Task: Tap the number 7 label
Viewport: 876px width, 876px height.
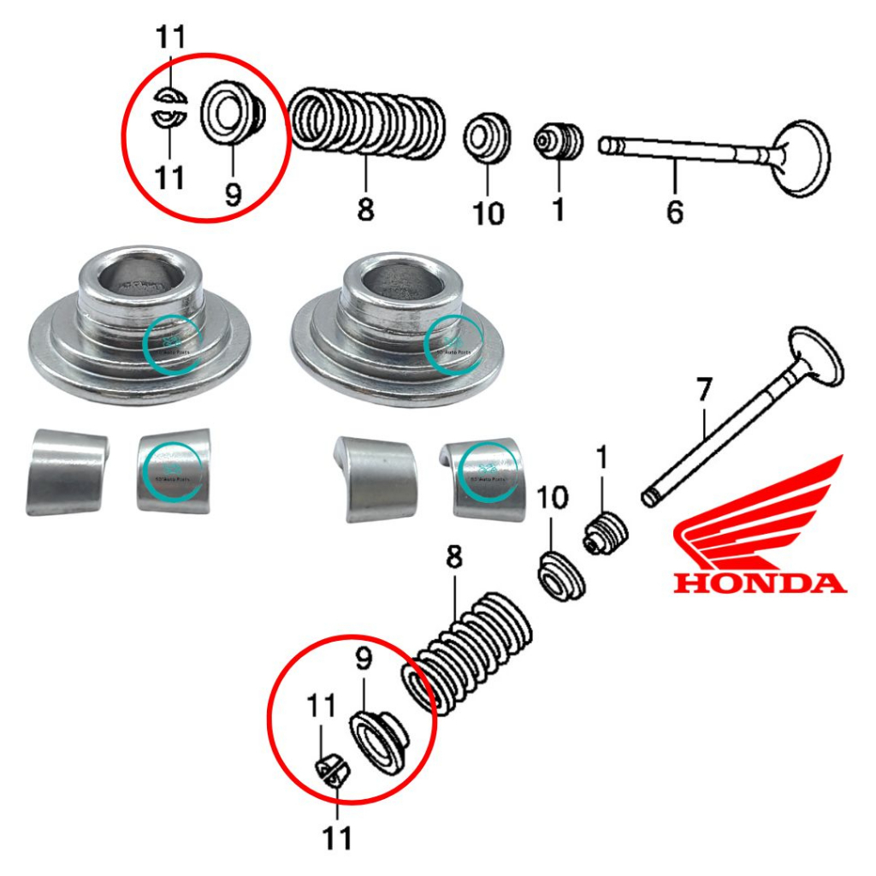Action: [x=703, y=391]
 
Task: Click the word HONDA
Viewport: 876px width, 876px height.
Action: [x=759, y=583]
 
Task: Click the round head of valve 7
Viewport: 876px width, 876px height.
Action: [x=815, y=354]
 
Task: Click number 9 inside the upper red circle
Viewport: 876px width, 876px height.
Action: [x=234, y=193]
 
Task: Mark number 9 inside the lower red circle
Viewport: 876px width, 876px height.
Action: [x=364, y=660]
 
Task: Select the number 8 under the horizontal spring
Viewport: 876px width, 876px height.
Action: [x=365, y=208]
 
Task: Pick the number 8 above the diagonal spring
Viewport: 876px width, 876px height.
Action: [x=453, y=558]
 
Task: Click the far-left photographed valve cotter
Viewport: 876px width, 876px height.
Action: [x=66, y=473]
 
